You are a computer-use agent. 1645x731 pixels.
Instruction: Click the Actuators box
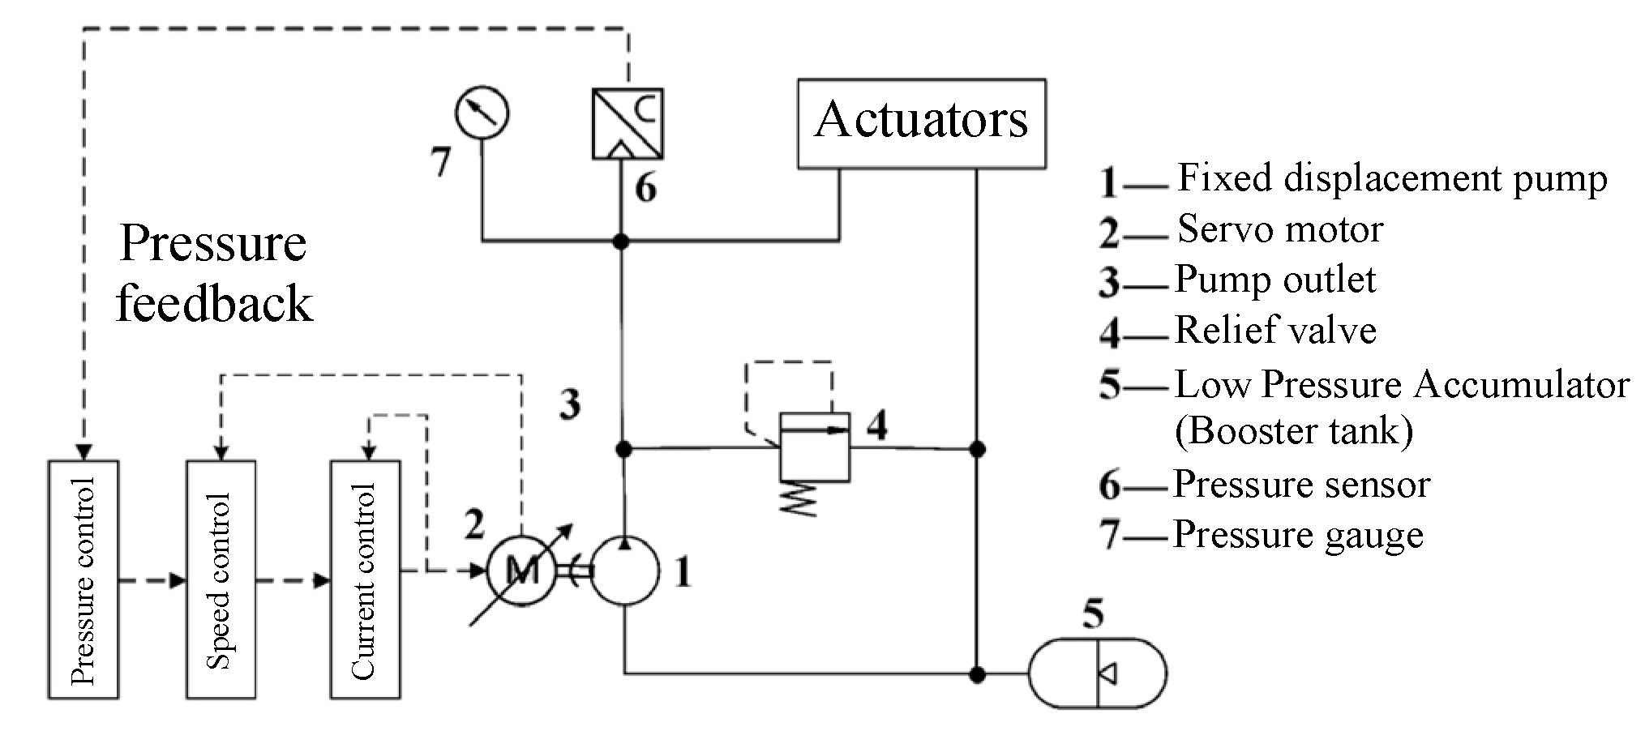coord(921,123)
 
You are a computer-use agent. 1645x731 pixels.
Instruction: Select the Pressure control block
coord(83,579)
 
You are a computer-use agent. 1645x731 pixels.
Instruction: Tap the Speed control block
coord(221,579)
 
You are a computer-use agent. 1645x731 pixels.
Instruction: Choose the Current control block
coord(365,579)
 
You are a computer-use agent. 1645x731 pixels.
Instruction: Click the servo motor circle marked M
coord(521,571)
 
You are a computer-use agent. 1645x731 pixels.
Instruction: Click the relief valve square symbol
coord(814,448)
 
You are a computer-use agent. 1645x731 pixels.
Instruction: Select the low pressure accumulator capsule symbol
coord(1097,673)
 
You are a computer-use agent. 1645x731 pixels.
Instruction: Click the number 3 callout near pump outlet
coord(570,404)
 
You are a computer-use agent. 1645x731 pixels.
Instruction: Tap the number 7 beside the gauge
coord(440,162)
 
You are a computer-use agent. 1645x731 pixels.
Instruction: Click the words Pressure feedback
coord(214,273)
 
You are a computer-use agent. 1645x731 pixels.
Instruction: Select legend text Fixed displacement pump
coord(1391,178)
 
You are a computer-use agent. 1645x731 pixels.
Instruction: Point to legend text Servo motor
coord(1279,229)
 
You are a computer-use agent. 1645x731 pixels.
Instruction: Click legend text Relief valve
coord(1274,331)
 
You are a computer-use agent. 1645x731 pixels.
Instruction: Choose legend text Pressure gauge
coord(1297,535)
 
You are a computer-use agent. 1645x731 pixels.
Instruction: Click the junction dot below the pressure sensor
coord(621,241)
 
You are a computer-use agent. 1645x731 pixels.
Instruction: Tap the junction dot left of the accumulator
coord(978,673)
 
